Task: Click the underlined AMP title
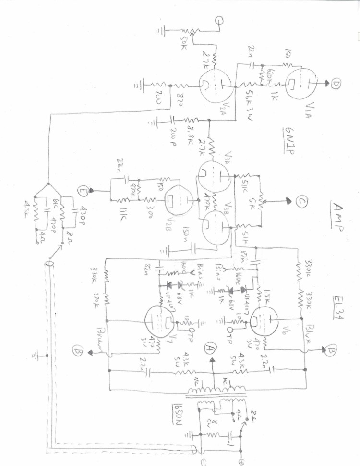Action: pos(336,217)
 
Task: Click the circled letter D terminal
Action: pos(336,85)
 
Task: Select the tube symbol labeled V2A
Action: pos(215,87)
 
